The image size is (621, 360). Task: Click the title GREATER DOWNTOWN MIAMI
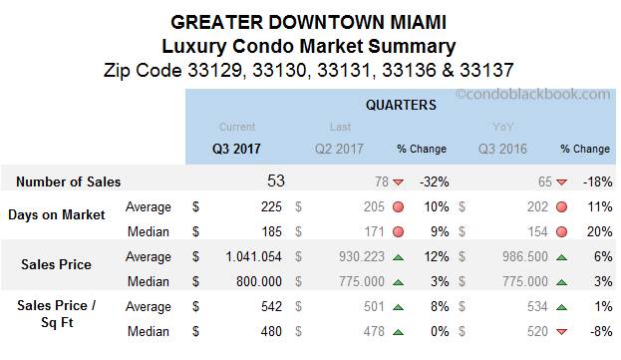[310, 22]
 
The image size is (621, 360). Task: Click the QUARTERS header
[400, 104]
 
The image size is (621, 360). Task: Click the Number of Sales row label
[69, 181]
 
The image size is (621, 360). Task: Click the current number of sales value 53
[275, 180]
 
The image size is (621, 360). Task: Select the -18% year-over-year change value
[593, 181]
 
